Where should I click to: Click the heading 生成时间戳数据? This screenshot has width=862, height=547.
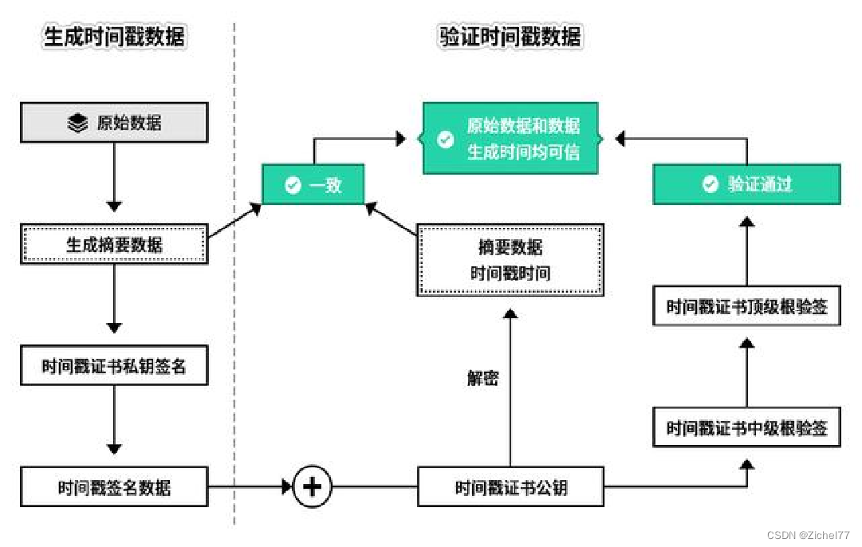tap(114, 37)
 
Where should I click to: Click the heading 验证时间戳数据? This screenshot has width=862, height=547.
tap(510, 37)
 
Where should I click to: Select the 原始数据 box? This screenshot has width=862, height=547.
tap(114, 124)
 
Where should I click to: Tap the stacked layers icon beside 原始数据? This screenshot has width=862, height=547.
tap(77, 124)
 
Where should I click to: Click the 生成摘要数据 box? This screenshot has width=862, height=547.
tap(114, 244)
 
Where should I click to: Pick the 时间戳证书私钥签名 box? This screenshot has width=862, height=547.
tap(114, 366)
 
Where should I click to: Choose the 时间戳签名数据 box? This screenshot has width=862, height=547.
tap(114, 486)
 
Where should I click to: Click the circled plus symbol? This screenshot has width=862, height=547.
tap(312, 486)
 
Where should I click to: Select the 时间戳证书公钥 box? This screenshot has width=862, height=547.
tap(511, 486)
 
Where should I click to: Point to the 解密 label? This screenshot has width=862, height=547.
tap(482, 378)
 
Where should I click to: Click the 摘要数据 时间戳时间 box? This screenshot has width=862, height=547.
tap(511, 260)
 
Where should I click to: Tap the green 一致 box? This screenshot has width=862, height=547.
tap(313, 185)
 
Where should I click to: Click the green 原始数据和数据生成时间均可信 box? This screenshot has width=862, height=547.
tap(511, 139)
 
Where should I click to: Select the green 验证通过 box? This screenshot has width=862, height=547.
tap(746, 184)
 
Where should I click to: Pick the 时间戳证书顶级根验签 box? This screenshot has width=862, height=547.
tap(746, 306)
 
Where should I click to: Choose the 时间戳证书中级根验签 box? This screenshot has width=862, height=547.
tap(746, 428)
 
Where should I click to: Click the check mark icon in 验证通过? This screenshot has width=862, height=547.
tap(710, 184)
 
